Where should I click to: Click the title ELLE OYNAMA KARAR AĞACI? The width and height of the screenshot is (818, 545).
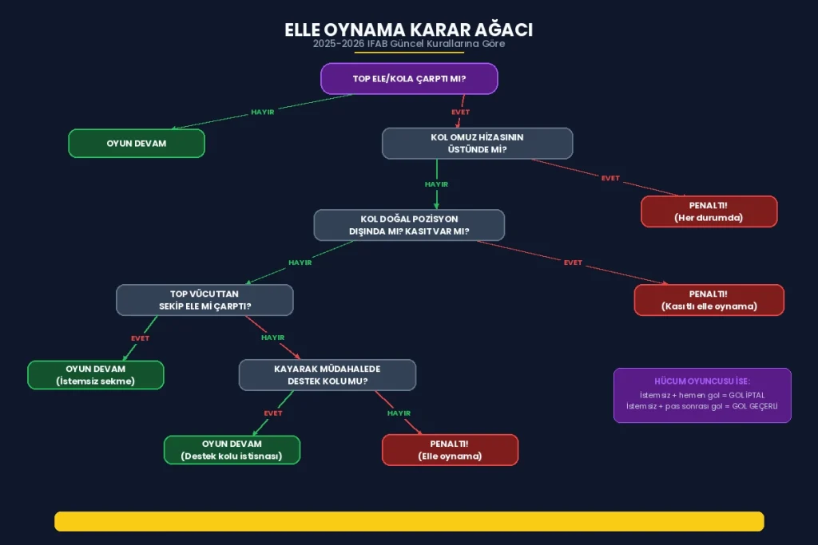(x=408, y=30)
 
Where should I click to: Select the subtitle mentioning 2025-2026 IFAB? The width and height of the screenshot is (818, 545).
(x=408, y=44)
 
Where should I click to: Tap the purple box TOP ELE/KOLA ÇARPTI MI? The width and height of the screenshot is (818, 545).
(x=409, y=79)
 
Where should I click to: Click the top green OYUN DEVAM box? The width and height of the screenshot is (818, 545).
(x=137, y=143)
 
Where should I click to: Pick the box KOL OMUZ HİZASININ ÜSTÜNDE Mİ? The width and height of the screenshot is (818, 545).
(x=477, y=144)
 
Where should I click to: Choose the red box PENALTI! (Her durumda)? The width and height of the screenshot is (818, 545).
(x=709, y=211)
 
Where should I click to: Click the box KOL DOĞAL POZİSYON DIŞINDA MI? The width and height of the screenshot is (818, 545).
(x=409, y=225)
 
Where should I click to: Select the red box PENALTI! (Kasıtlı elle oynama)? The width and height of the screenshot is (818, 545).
(x=709, y=300)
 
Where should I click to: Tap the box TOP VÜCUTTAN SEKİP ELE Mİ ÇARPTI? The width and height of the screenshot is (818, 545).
(x=204, y=300)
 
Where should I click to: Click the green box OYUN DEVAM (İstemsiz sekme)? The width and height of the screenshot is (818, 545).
(x=96, y=375)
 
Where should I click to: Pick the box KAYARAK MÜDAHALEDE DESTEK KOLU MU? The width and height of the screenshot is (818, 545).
(x=328, y=375)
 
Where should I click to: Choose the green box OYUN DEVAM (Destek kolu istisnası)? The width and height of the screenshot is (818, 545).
(x=232, y=450)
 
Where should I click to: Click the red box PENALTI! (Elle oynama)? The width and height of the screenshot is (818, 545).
(x=450, y=450)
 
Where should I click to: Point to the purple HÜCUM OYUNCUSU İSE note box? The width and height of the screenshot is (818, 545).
(x=702, y=395)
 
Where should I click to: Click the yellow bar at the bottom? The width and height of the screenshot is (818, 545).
(x=409, y=521)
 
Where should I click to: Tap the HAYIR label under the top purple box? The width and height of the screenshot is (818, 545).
(x=263, y=113)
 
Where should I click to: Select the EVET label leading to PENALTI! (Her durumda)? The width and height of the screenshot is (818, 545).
(x=610, y=178)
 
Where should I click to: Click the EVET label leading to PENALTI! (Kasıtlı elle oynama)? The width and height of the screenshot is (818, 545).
(x=573, y=263)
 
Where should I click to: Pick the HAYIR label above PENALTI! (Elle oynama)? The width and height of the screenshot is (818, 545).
(x=399, y=413)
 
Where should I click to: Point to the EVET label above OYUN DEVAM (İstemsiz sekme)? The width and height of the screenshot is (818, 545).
(x=141, y=338)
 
